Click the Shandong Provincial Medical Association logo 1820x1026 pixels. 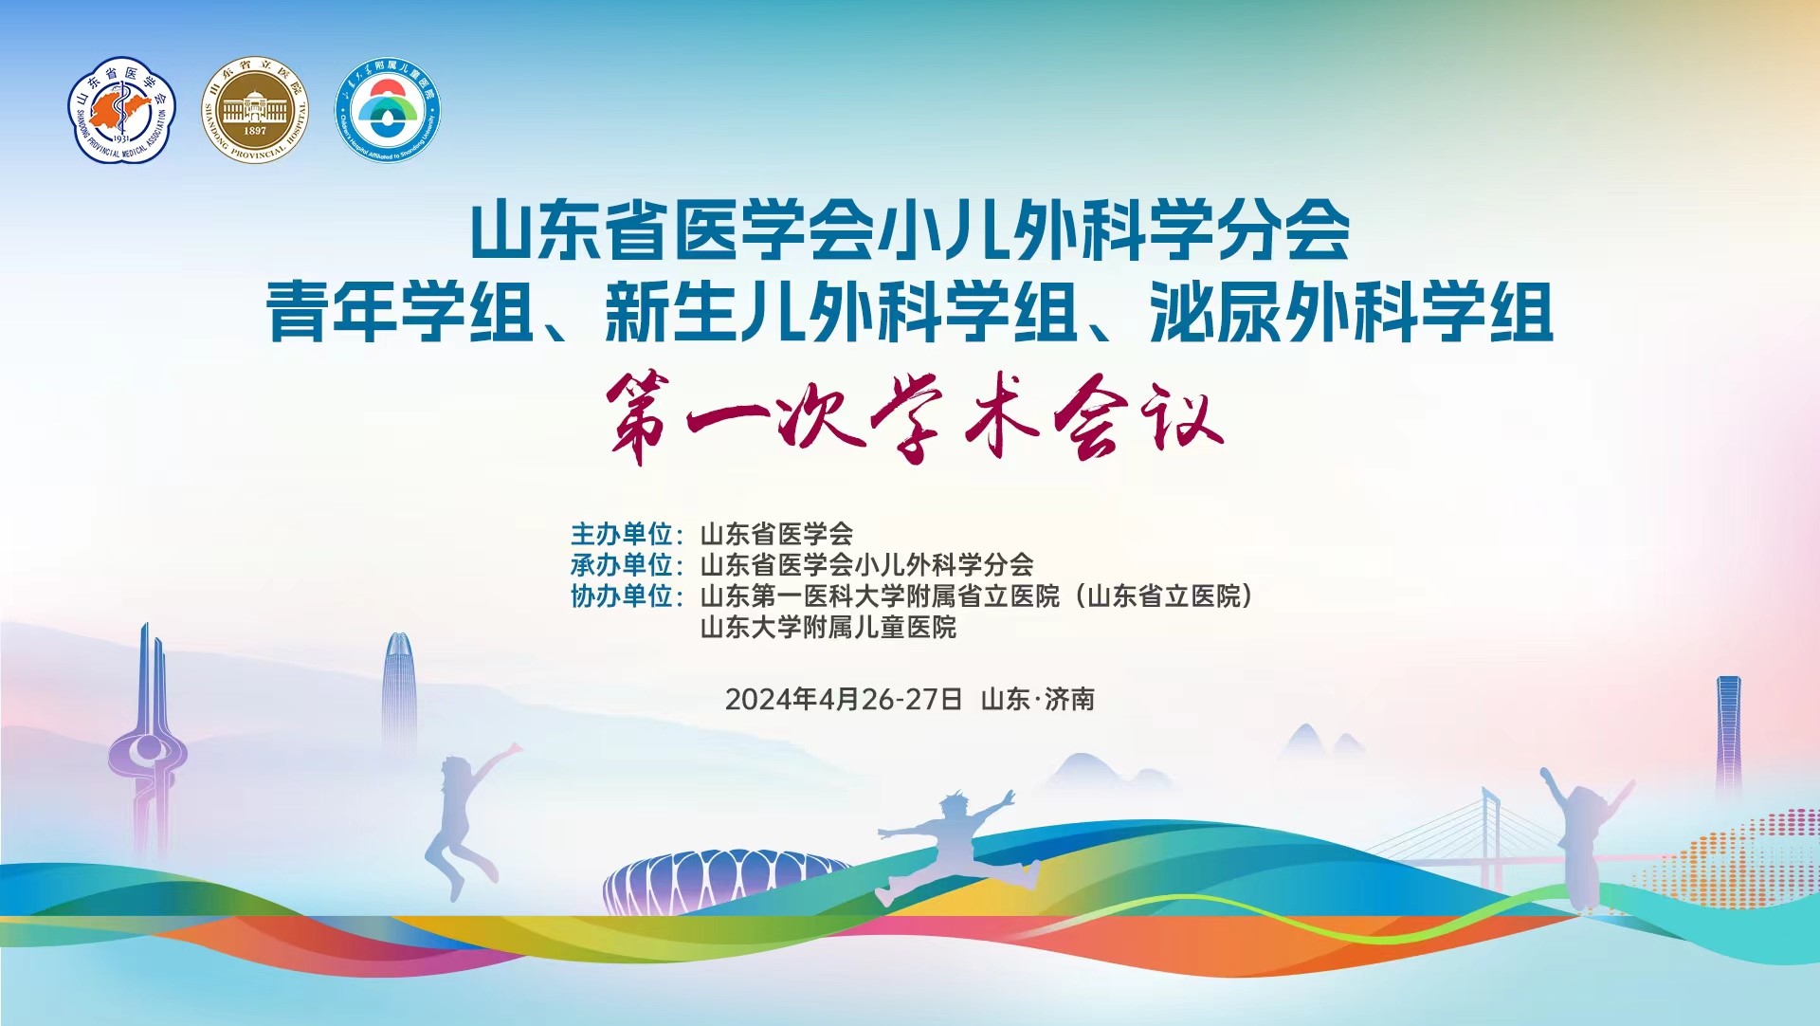pyautogui.click(x=122, y=109)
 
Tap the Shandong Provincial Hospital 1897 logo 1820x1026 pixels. pyautogui.click(x=255, y=109)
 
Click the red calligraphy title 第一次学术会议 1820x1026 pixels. pyautogui.click(x=916, y=417)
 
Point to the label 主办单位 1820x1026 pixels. pyautogui.click(x=621, y=534)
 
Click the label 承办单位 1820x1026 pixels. pyautogui.click(x=621, y=565)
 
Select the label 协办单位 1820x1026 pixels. pyautogui.click(x=621, y=596)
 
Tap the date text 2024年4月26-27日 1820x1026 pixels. pyautogui.click(x=844, y=700)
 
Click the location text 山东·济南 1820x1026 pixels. pyautogui.click(x=1038, y=700)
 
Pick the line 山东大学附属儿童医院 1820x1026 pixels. pyautogui.click(x=828, y=628)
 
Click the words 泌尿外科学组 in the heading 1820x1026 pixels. pyautogui.click(x=1352, y=312)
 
